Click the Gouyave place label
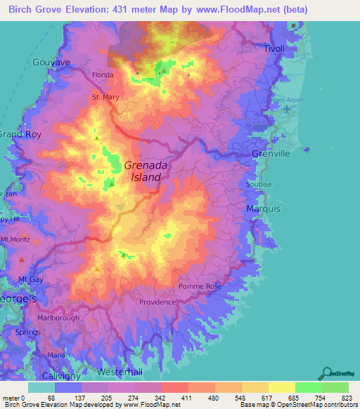51,63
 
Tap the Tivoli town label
274,48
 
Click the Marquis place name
264,209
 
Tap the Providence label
157,302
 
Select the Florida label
103,74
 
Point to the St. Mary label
105,97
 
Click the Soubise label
259,184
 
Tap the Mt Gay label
31,280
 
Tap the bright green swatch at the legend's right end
335,387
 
